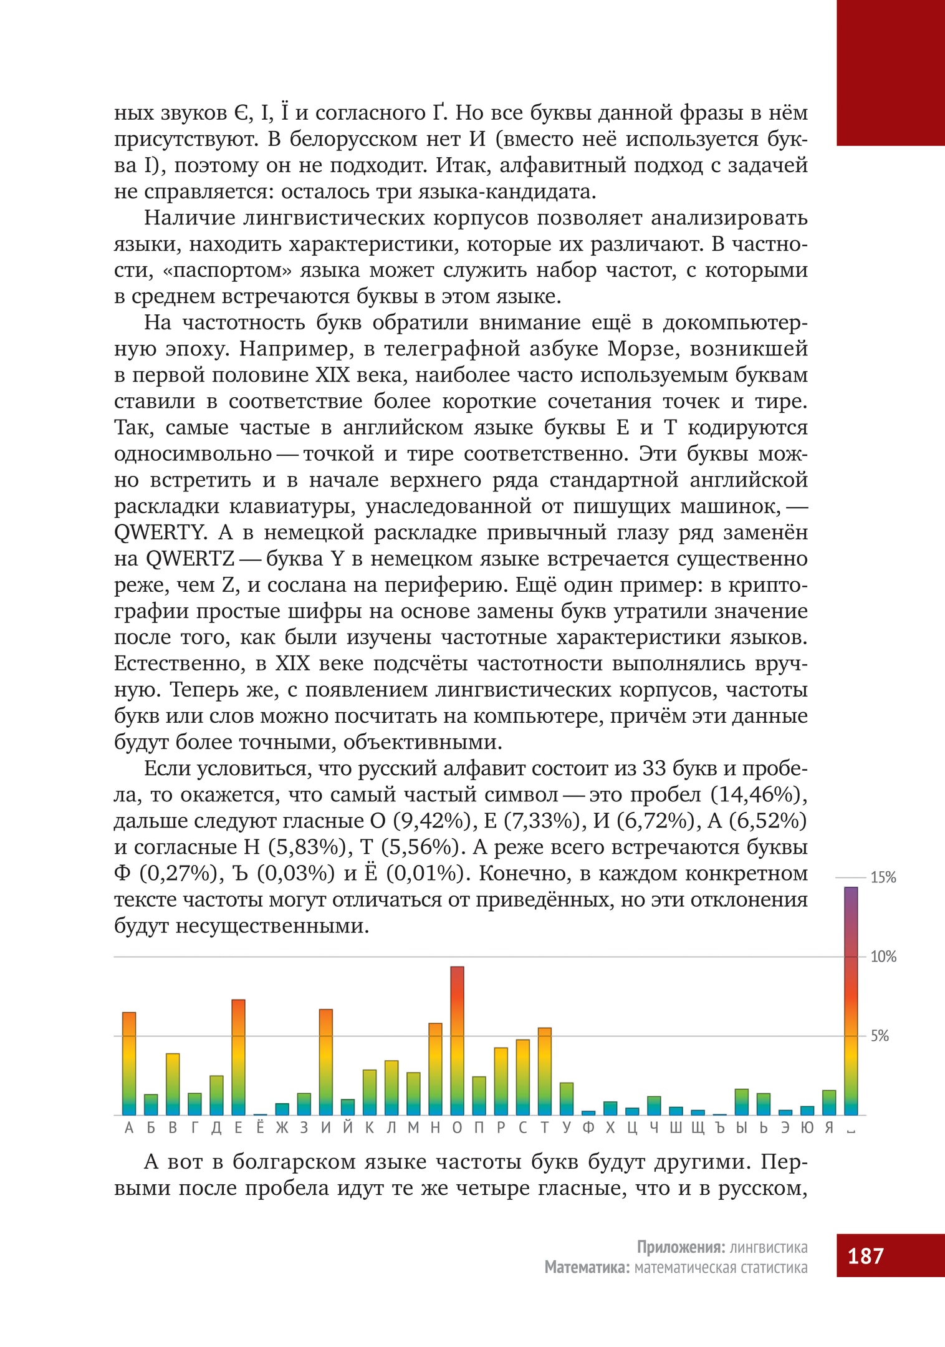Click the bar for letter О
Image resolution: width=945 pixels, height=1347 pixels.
tap(457, 1040)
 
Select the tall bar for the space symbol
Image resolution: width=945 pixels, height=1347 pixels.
tap(850, 1000)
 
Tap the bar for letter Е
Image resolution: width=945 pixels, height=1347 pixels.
tap(238, 1056)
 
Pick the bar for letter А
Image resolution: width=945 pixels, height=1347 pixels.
tap(129, 1063)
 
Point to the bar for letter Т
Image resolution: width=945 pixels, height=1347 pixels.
tap(544, 1071)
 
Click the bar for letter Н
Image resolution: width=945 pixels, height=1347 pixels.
tap(435, 1068)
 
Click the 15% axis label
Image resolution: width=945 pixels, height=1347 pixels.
tap(883, 878)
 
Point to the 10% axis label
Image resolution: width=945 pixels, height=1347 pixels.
tap(883, 957)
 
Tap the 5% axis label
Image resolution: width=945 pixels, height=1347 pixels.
tap(880, 1036)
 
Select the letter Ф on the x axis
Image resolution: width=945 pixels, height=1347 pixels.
tap(588, 1127)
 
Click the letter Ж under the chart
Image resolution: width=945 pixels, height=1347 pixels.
tap(282, 1127)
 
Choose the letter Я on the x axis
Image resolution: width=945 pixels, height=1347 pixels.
tap(828, 1127)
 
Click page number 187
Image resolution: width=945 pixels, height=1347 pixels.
tap(865, 1255)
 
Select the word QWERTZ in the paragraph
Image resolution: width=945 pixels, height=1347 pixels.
tap(190, 559)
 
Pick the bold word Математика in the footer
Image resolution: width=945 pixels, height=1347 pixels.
tap(587, 1268)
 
